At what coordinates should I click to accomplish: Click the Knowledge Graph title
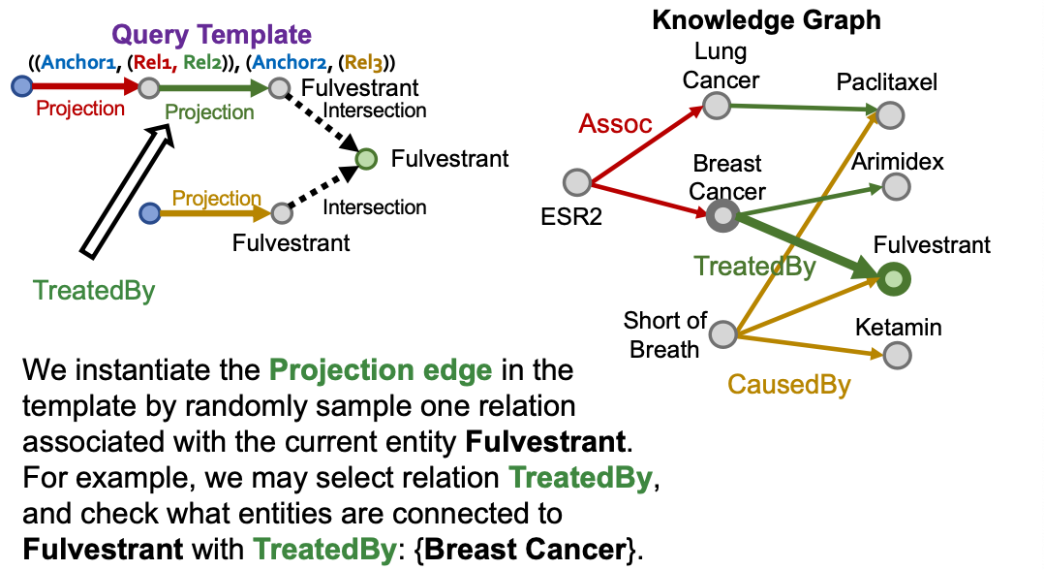pyautogui.click(x=766, y=19)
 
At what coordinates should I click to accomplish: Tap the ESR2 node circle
pyautogui.click(x=576, y=181)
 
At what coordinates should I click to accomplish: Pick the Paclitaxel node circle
pyautogui.click(x=890, y=116)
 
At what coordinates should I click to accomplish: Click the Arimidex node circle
pyautogui.click(x=896, y=186)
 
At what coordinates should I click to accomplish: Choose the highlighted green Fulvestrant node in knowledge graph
pyautogui.click(x=894, y=279)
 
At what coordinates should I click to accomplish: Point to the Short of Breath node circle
pyautogui.click(x=722, y=335)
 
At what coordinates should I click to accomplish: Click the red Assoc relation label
pyautogui.click(x=616, y=124)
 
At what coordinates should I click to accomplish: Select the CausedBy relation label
pyautogui.click(x=789, y=385)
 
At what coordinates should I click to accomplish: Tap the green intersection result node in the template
pyautogui.click(x=366, y=158)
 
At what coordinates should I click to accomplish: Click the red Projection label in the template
pyautogui.click(x=80, y=109)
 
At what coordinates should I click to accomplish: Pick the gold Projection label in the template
pyautogui.click(x=217, y=199)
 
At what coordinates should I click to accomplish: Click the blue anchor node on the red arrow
pyautogui.click(x=20, y=88)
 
